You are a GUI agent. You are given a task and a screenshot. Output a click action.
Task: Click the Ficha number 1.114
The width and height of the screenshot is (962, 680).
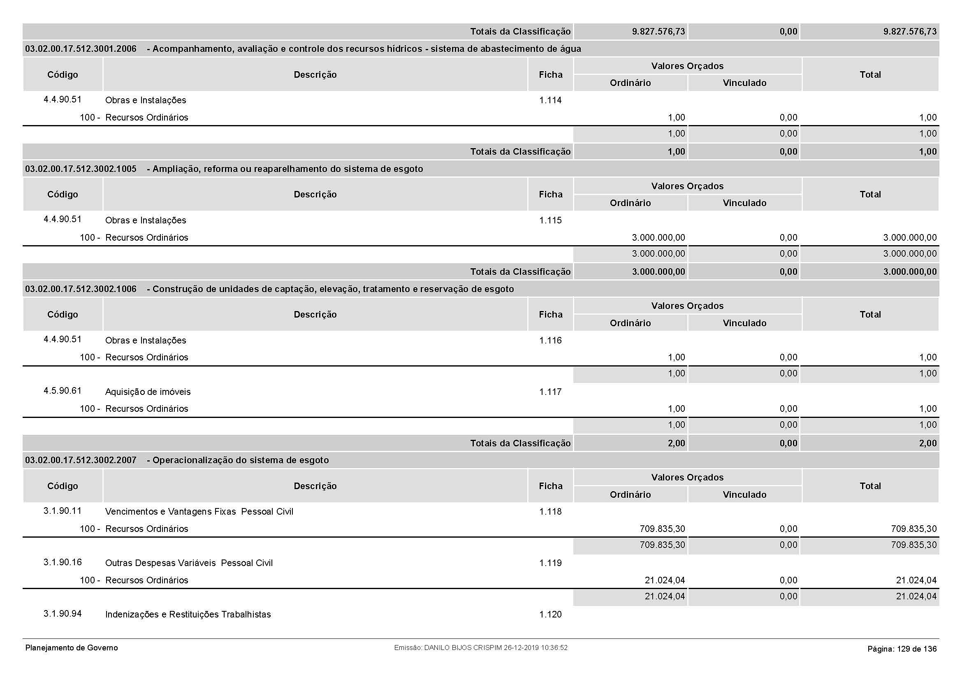click(550, 100)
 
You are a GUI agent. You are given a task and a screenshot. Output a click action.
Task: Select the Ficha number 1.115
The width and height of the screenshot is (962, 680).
click(550, 220)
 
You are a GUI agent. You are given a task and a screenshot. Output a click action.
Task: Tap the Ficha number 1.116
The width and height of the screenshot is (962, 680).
click(550, 341)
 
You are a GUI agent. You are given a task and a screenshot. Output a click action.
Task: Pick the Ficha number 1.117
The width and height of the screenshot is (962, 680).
click(550, 392)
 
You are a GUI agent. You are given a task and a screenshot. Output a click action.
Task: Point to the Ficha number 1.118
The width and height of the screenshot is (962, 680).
click(550, 512)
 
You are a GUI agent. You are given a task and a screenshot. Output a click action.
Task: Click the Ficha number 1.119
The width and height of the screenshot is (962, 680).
click(550, 563)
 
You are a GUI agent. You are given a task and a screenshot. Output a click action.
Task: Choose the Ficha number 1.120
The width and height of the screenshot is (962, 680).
click(550, 615)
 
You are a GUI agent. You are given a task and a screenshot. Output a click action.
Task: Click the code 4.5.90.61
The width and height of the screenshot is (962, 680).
click(63, 391)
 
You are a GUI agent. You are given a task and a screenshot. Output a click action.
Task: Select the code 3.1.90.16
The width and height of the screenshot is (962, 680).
click(63, 562)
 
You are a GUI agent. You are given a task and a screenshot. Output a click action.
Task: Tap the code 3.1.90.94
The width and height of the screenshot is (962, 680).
click(63, 614)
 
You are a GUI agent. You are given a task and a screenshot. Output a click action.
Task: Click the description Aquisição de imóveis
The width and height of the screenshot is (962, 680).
click(148, 392)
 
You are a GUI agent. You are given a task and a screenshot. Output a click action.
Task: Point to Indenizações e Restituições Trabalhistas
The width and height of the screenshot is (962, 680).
click(188, 615)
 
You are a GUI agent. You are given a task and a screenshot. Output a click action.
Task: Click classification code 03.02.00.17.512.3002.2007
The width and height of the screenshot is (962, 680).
click(81, 460)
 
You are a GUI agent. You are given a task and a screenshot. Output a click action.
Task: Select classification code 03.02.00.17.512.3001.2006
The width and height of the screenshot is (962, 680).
click(81, 49)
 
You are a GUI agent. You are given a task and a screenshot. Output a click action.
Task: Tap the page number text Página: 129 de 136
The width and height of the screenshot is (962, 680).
click(902, 649)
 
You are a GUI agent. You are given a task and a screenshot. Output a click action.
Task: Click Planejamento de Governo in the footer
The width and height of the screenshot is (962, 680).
click(72, 648)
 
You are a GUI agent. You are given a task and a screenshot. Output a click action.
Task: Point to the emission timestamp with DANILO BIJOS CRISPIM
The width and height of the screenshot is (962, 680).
click(480, 648)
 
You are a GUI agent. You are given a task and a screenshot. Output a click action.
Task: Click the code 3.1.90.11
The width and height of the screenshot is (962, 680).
click(63, 511)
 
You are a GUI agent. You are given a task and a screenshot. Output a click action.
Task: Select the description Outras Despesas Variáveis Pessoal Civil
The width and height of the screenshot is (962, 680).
click(188, 563)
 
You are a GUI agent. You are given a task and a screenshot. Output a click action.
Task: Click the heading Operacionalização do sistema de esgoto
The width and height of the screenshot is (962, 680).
click(241, 460)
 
